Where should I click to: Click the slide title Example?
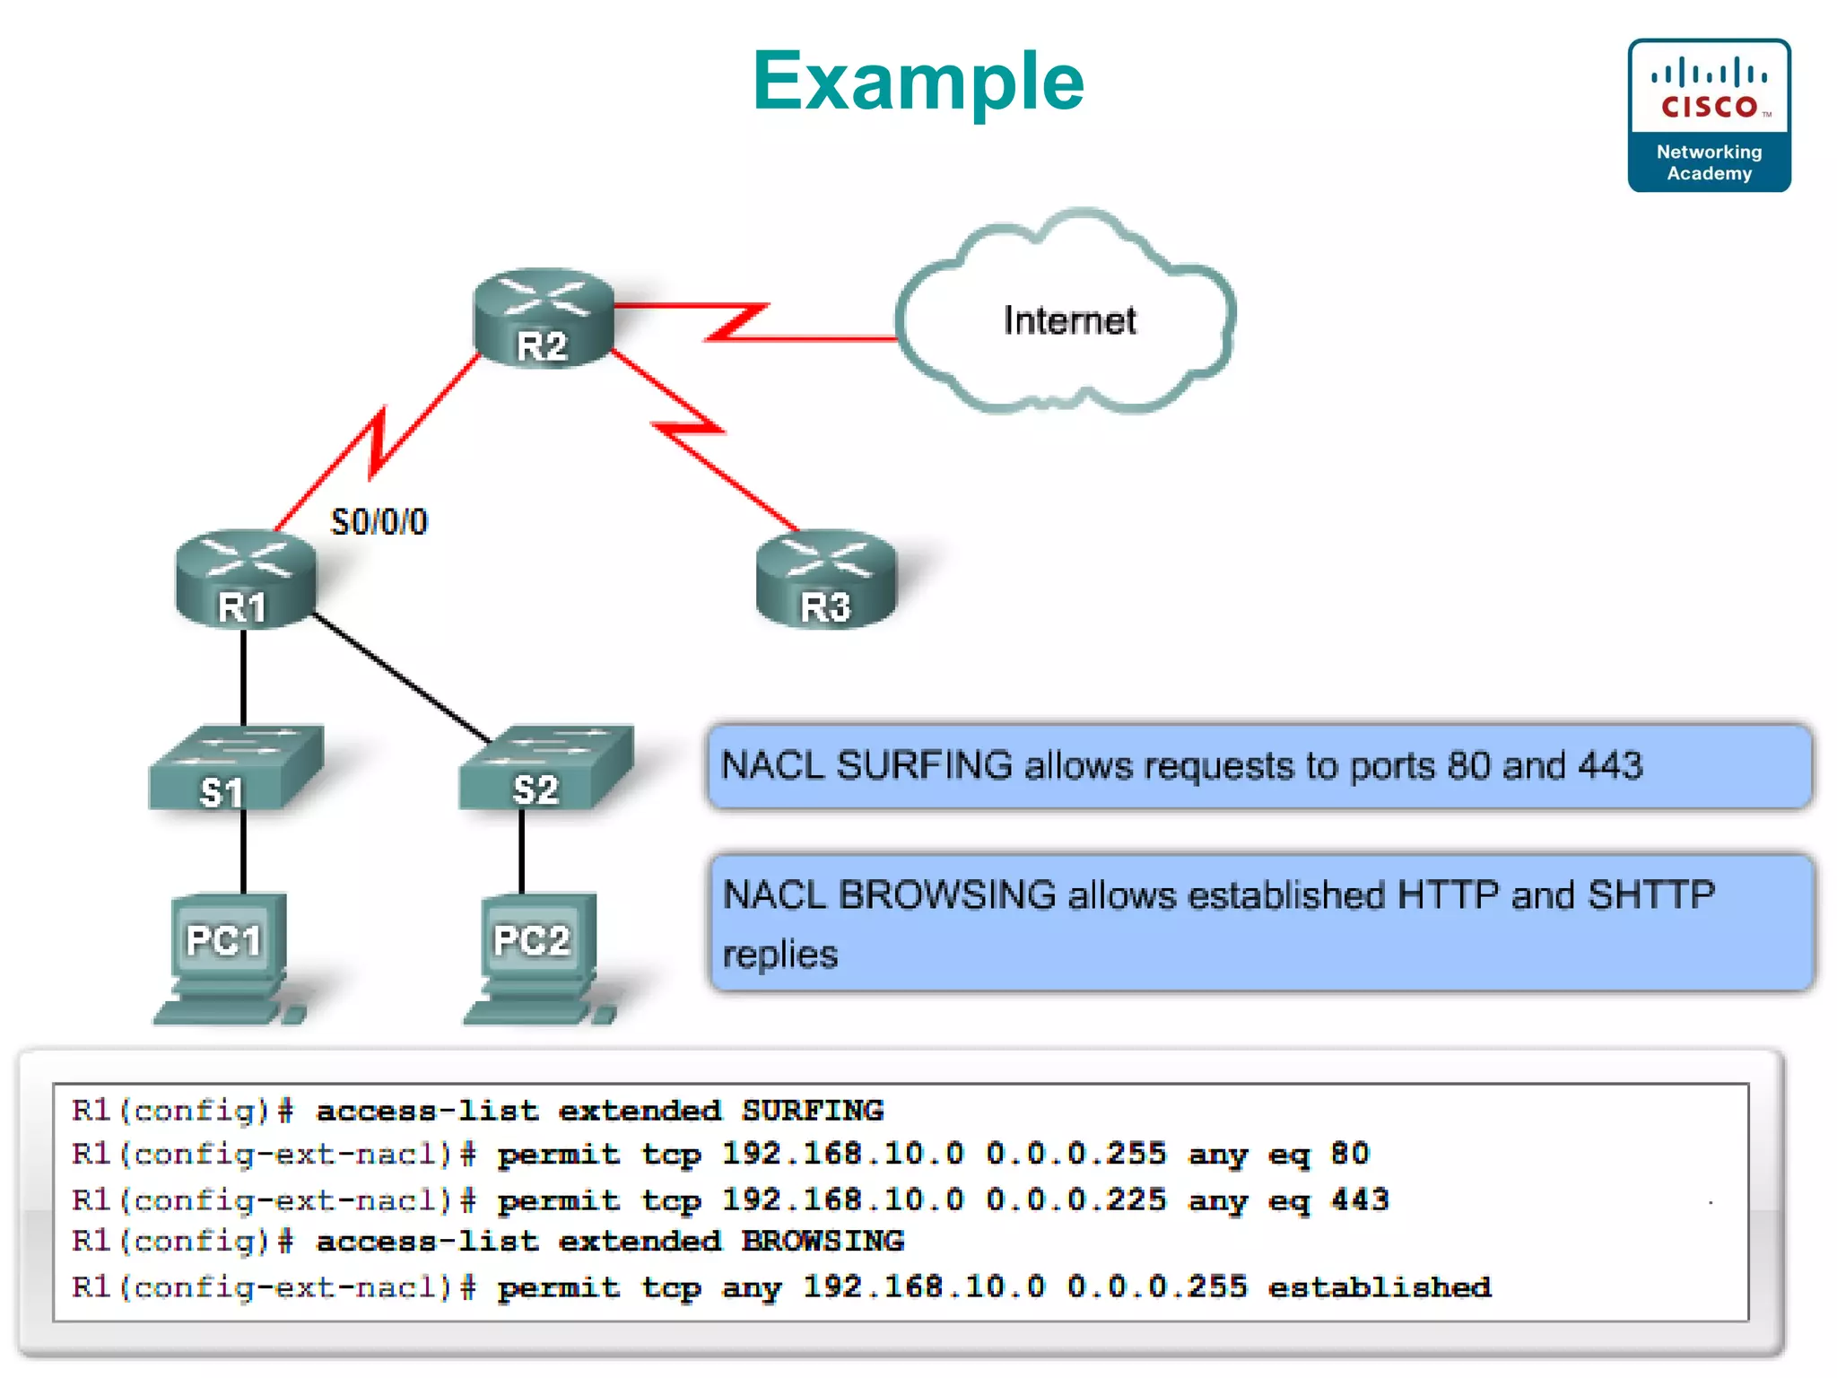click(x=918, y=82)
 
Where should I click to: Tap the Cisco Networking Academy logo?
click(x=1709, y=115)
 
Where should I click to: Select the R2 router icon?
click(x=544, y=318)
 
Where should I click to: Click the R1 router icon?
click(x=245, y=579)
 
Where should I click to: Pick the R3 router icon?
click(x=825, y=580)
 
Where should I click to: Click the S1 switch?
click(x=235, y=769)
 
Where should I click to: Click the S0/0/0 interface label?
click(x=379, y=522)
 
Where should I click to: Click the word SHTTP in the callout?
click(x=1650, y=894)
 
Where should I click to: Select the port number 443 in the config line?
click(x=1360, y=1199)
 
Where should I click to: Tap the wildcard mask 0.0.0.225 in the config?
click(x=1075, y=1199)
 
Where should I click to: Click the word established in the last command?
click(x=1379, y=1287)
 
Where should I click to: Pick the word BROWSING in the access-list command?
click(x=822, y=1241)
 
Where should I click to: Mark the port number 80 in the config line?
click(x=1349, y=1154)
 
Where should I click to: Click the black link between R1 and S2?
click(x=400, y=677)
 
